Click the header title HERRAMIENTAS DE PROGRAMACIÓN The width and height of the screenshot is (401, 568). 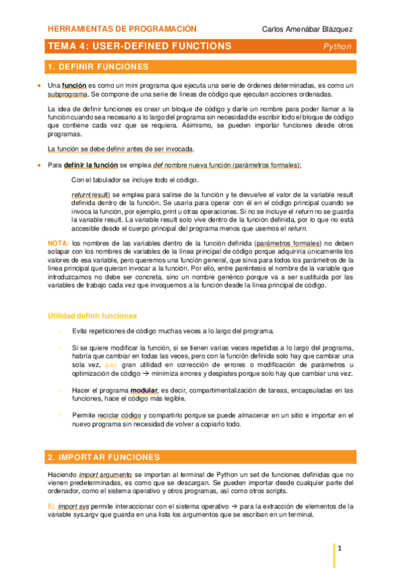click(123, 29)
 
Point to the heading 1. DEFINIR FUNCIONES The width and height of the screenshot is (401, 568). click(98, 67)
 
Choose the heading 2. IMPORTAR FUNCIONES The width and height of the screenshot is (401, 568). click(104, 457)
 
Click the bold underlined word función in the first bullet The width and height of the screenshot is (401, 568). click(74, 86)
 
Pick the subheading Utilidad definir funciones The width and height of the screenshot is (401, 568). click(92, 315)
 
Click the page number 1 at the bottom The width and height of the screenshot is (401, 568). click(340, 549)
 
